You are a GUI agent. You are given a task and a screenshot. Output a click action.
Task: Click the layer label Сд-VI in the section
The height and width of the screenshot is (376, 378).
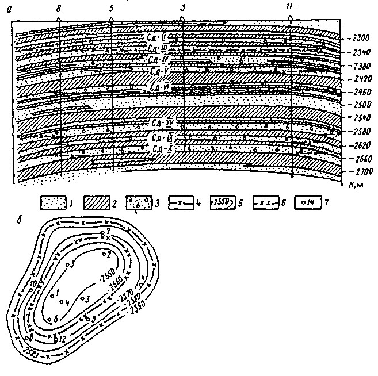[x=157, y=87]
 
